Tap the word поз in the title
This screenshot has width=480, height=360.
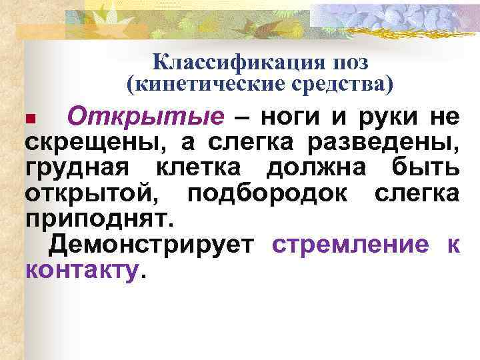click(x=348, y=62)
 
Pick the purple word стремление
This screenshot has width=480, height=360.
click(x=350, y=245)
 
